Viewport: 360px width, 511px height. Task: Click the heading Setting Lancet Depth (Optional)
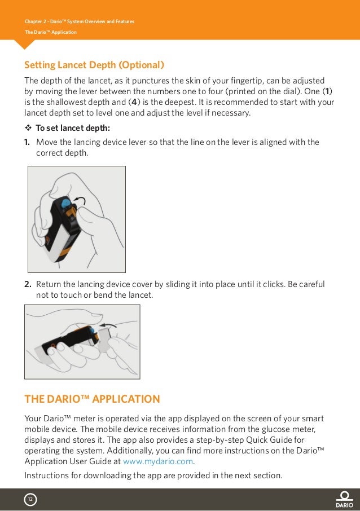(x=94, y=64)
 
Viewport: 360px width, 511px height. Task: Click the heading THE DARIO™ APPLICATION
(x=92, y=399)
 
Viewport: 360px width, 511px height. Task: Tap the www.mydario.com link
(x=158, y=461)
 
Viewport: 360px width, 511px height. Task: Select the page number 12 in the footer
(x=30, y=499)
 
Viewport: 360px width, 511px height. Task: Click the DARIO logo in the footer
(x=344, y=499)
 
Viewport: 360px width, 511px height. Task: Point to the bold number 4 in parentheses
(x=134, y=103)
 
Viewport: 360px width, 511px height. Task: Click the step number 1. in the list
(x=28, y=142)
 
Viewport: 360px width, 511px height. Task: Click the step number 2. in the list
(x=28, y=284)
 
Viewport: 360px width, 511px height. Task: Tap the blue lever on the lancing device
(x=66, y=202)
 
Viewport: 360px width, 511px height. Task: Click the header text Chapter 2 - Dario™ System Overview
(x=79, y=22)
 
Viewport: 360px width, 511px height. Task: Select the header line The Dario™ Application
(x=50, y=32)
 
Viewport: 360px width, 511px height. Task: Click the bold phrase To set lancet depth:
(x=73, y=127)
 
